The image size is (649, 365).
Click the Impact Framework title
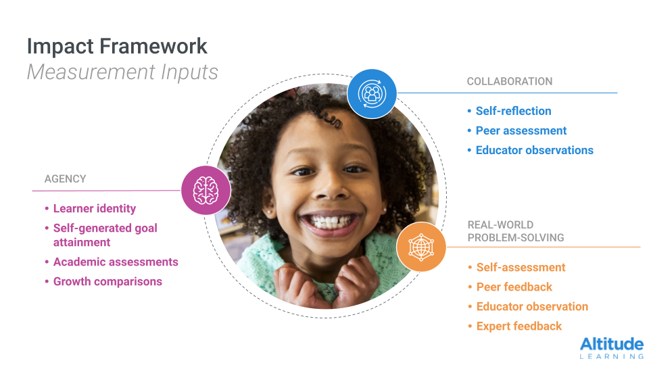[117, 47]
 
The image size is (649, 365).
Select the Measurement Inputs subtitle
[122, 72]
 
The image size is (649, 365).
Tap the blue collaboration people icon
[372, 94]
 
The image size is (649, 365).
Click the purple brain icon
[206, 191]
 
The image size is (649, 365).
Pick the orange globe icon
[421, 247]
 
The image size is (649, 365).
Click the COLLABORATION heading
[510, 82]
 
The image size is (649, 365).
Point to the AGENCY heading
[66, 178]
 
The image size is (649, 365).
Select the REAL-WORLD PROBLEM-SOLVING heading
[516, 231]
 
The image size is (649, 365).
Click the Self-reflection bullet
[513, 111]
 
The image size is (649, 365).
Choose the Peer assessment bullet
[521, 130]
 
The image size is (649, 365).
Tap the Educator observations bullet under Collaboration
[534, 150]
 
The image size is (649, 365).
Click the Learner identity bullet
[95, 209]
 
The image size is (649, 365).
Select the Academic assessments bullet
[116, 262]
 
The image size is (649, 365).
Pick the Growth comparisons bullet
[107, 281]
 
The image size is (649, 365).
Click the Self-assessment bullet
[521, 268]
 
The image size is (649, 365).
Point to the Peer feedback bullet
[514, 287]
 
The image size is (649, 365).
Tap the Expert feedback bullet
[519, 326]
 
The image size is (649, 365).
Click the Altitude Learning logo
[612, 347]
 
